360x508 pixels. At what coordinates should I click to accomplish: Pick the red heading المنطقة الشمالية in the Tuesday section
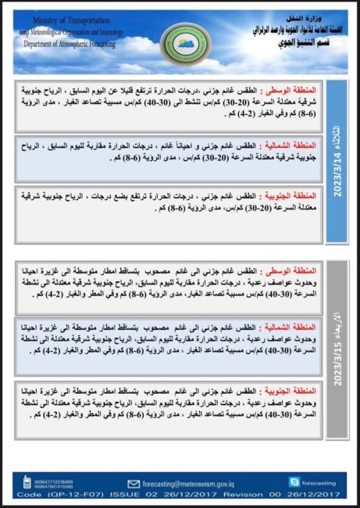(x=292, y=146)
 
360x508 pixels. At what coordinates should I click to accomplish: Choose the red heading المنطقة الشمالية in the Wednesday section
(x=292, y=327)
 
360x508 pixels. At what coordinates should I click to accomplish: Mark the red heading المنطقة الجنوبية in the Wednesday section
(x=292, y=389)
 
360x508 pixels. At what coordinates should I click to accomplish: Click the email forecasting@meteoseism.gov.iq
(x=175, y=482)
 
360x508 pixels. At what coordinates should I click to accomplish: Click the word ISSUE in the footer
(x=127, y=494)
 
